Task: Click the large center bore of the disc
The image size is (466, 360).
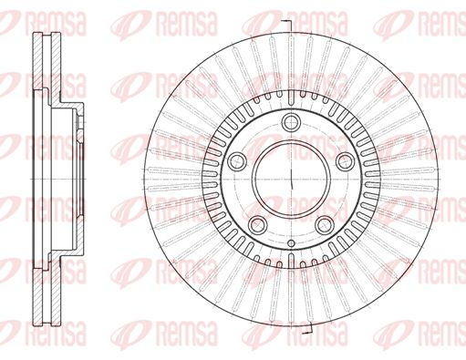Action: point(292,179)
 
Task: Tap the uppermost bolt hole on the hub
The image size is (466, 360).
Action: point(292,122)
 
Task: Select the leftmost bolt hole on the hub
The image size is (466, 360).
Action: point(237,161)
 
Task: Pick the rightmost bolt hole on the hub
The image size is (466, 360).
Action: point(346,161)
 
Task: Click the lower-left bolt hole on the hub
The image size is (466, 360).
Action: point(258,225)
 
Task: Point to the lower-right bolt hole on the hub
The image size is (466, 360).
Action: point(325,225)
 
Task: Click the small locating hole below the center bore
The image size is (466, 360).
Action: point(291,243)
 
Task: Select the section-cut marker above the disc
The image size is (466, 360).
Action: point(287,26)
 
